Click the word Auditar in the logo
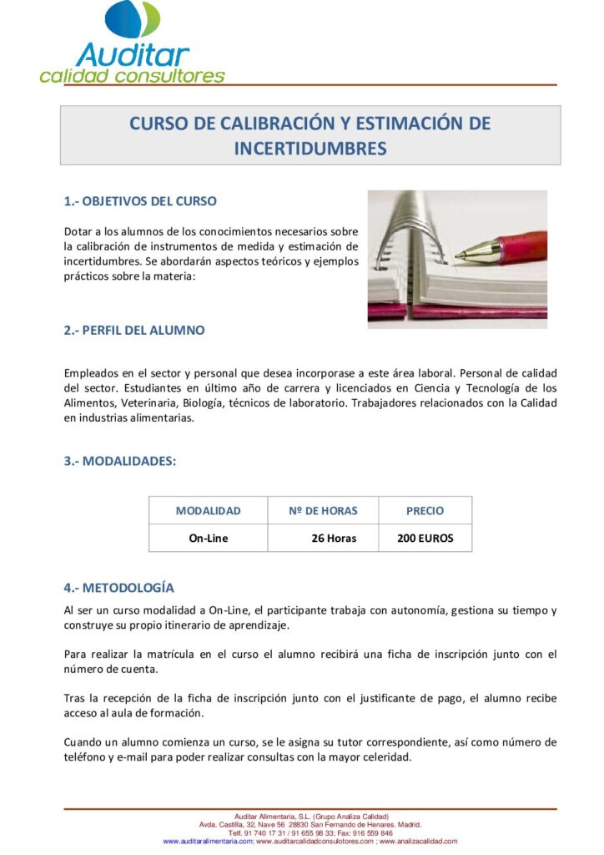tap(133, 54)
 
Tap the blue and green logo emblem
tap(133, 18)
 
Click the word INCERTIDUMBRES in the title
tap(310, 149)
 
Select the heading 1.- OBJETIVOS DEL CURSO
tap(140, 201)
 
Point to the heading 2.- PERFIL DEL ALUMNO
tap(134, 330)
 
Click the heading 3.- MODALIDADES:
tap(120, 461)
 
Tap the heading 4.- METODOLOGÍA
tap(119, 588)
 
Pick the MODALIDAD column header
tap(208, 511)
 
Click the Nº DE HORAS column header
tap(323, 511)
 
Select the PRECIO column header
tap(425, 511)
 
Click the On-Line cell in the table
tap(208, 539)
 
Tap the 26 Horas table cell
tap(334, 539)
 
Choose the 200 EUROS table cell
tap(425, 539)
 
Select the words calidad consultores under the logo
tap(132, 76)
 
